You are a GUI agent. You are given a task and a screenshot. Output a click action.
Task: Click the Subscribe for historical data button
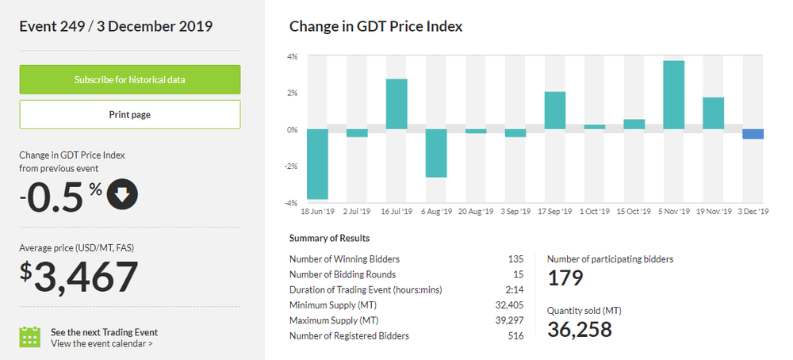point(129,79)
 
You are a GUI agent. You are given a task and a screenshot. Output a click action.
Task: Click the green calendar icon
point(29,337)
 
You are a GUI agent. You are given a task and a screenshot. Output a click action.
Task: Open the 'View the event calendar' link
point(102,343)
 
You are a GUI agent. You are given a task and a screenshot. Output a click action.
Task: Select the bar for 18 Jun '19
point(317,163)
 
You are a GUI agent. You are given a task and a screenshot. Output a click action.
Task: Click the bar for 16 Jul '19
point(396,104)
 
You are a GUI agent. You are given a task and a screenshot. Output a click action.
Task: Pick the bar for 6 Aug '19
point(436,153)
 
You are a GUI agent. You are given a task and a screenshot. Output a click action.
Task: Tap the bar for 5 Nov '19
point(674,94)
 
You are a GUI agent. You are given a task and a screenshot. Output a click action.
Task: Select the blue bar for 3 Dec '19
point(753,134)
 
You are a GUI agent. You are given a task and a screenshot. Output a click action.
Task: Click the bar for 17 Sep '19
point(555,110)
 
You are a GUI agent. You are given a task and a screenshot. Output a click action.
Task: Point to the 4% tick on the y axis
point(292,56)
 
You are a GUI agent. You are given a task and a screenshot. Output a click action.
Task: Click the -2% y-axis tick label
point(291,166)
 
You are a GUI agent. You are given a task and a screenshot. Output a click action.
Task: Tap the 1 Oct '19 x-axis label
point(595,212)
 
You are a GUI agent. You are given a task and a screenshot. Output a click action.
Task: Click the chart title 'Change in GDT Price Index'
point(376,26)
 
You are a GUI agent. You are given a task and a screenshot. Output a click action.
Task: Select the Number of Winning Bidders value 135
point(515,259)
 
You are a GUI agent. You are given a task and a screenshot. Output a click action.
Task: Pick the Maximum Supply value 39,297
point(509,320)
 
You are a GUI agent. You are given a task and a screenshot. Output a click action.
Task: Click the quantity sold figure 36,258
point(580,328)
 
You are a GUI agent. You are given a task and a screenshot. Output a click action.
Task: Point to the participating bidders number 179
point(565,278)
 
